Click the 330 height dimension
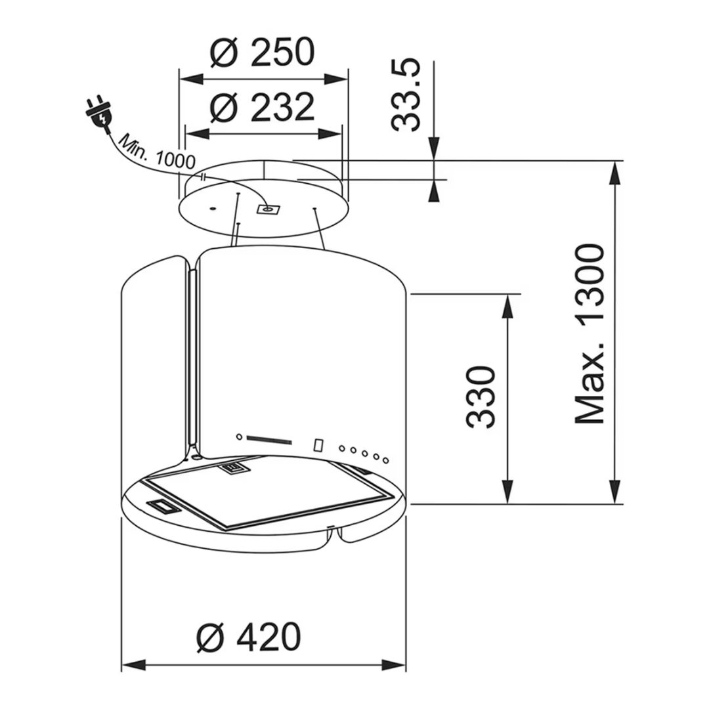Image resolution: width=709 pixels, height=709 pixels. pyautogui.click(x=481, y=398)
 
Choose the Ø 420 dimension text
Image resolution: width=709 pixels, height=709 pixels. pyautogui.click(x=249, y=637)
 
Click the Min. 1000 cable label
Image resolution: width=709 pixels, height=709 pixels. pyautogui.click(x=157, y=152)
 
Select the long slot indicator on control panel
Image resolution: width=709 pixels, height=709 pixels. pyautogui.click(x=271, y=440)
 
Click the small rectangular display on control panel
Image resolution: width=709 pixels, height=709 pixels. pyautogui.click(x=318, y=445)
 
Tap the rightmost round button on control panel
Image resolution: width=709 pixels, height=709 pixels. pyautogui.click(x=386, y=459)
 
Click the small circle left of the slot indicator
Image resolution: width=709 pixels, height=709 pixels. pyautogui.click(x=239, y=436)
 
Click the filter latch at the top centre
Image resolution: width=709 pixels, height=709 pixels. pyautogui.click(x=233, y=467)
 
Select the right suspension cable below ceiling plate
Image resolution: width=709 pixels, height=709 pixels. pyautogui.click(x=320, y=229)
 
